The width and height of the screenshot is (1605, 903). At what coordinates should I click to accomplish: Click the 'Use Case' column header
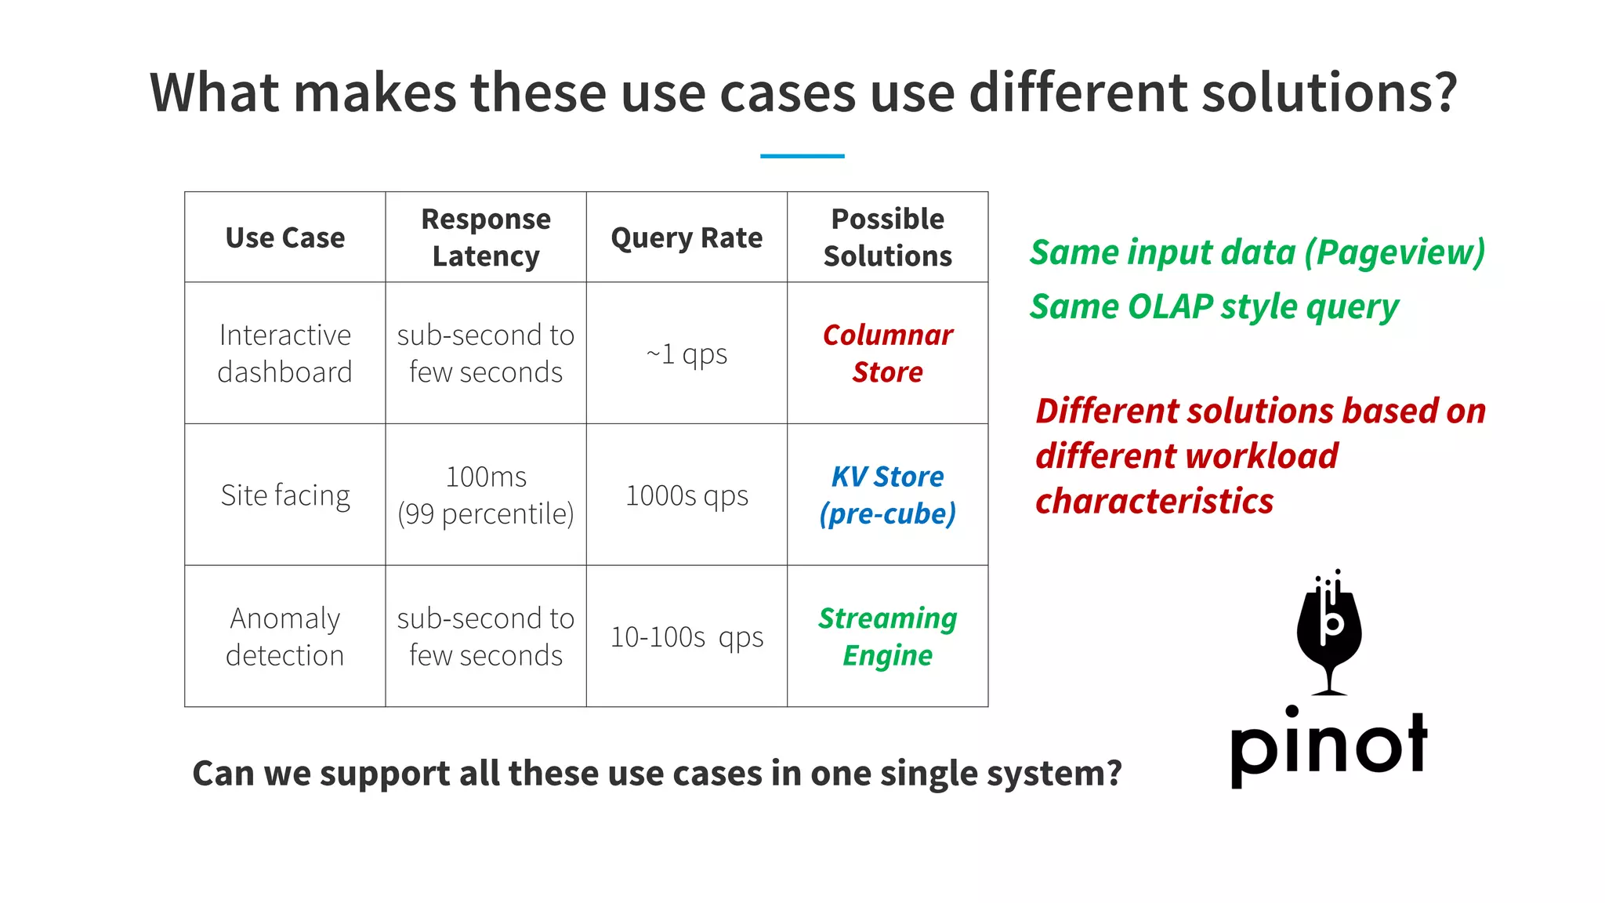284,238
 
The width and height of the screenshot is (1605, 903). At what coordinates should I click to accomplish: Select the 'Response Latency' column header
486,238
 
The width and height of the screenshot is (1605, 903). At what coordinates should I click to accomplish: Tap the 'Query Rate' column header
687,238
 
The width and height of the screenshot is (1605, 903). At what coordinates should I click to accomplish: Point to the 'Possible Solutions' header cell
887,238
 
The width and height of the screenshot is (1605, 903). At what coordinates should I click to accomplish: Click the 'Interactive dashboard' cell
284,354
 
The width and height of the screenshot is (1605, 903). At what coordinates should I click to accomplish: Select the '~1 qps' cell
687,354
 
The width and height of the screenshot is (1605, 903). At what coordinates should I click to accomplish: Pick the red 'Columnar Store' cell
887,354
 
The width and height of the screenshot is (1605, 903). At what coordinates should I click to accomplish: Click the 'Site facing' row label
284,495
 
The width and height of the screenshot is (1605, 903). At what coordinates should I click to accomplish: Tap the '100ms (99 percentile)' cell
486,495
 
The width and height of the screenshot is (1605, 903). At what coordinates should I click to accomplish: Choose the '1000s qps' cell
687,495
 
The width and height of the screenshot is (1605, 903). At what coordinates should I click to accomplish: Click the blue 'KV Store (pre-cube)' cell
887,495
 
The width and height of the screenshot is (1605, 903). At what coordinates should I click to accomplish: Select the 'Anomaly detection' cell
284,636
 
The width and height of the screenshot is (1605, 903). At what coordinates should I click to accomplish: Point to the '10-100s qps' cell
687,636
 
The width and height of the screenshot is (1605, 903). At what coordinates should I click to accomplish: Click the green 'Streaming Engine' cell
887,636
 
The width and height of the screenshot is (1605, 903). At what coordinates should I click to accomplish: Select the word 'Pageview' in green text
1395,252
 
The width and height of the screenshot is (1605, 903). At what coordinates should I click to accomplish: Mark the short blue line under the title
802,156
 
